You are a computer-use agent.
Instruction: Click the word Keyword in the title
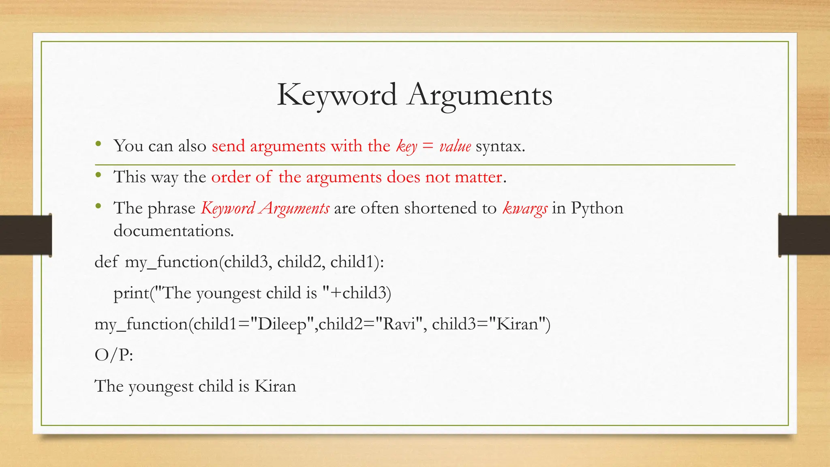pyautogui.click(x=337, y=95)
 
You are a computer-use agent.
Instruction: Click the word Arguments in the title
pyautogui.click(x=480, y=95)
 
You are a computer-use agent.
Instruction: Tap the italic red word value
pyautogui.click(x=455, y=146)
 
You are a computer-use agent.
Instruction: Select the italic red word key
pyautogui.click(x=406, y=146)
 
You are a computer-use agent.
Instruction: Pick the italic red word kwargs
pyautogui.click(x=525, y=208)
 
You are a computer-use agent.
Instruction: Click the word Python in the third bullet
pyautogui.click(x=597, y=208)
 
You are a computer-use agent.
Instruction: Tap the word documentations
pyautogui.click(x=173, y=231)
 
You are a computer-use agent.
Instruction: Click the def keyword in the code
pyautogui.click(x=106, y=262)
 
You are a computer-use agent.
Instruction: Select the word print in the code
pyautogui.click(x=131, y=293)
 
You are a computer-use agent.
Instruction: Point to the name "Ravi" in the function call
pyautogui.click(x=399, y=324)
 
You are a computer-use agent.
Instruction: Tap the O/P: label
pyautogui.click(x=113, y=355)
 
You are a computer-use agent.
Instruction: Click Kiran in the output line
pyautogui.click(x=275, y=386)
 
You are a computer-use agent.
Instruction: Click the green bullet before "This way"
pyautogui.click(x=98, y=175)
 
